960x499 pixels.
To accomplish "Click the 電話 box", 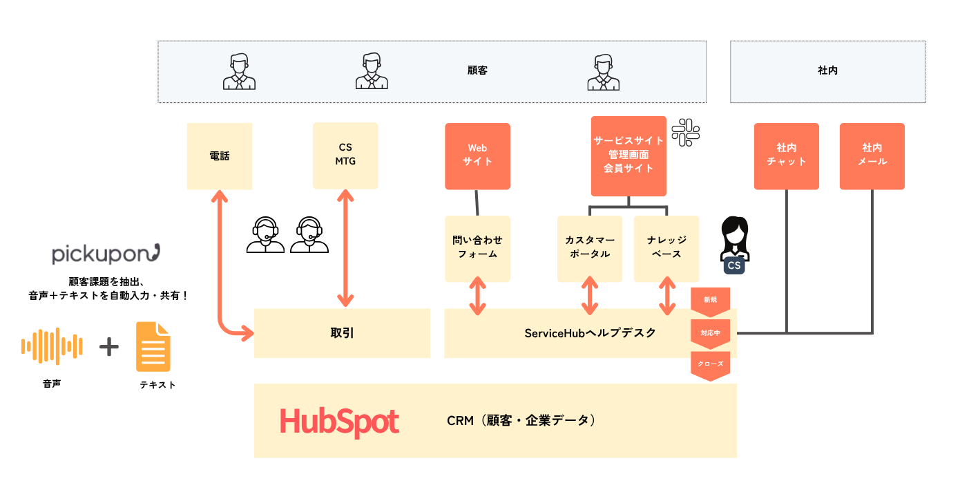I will [220, 156].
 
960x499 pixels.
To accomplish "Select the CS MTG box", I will [345, 156].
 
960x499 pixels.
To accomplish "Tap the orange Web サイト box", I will [477, 156].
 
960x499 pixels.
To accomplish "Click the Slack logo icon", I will [686, 132].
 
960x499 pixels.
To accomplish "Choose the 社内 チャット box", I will [786, 156].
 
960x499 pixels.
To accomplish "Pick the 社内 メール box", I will [872, 156].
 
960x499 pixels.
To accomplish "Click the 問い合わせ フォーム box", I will [477, 248].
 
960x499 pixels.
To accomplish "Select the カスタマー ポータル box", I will [590, 248].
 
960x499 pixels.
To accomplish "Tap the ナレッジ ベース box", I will [666, 248].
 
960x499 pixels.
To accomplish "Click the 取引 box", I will [342, 333].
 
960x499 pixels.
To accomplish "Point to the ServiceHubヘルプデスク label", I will [590, 333].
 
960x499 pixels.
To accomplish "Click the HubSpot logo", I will [339, 421].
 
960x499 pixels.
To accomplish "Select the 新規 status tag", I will [710, 301].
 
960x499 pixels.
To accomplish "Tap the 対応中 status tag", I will [710, 334].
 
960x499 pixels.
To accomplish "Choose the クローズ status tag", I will [710, 365].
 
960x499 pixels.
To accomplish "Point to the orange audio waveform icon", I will [52, 346].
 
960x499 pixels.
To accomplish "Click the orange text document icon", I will [153, 346].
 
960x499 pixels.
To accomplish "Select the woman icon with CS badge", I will [734, 245].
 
